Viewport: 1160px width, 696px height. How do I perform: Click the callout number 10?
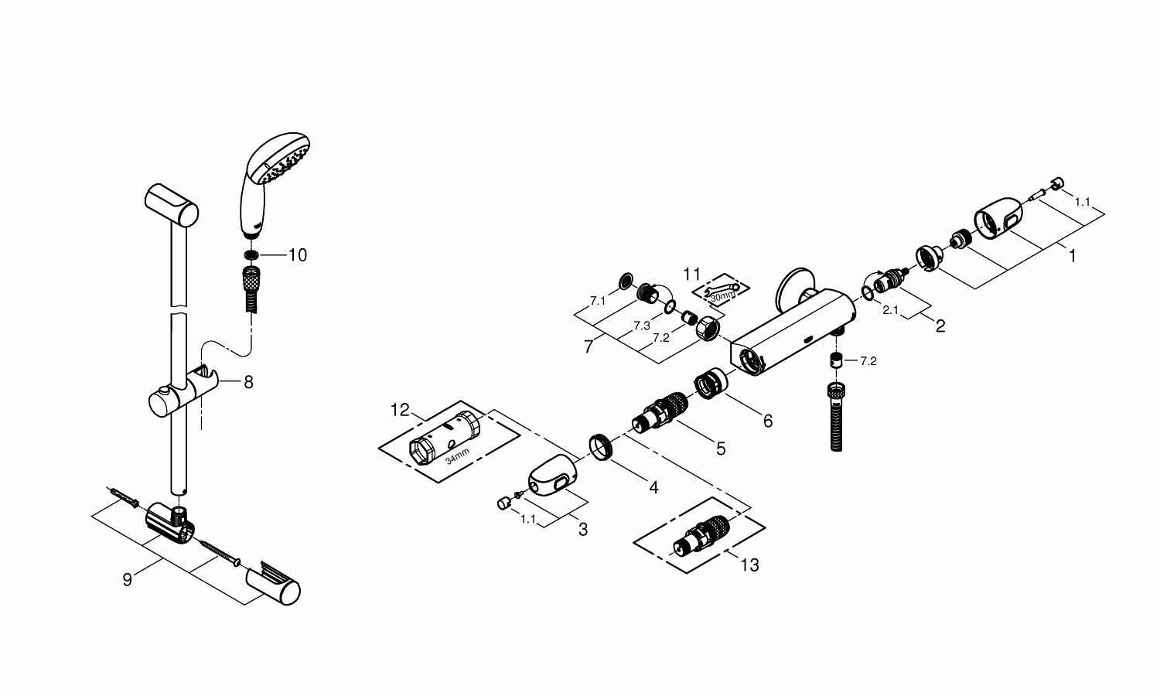[298, 255]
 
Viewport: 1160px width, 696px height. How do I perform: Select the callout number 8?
[248, 382]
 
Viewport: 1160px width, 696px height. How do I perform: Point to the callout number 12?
[400, 410]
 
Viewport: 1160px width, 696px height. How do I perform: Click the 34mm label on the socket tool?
[458, 458]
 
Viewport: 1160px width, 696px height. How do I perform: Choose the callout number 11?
[691, 274]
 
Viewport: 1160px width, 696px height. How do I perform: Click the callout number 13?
[749, 565]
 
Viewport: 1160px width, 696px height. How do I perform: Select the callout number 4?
[653, 488]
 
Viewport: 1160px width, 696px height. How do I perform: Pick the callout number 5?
[721, 448]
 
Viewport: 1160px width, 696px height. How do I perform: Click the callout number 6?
[767, 421]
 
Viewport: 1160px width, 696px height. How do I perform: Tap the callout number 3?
[582, 530]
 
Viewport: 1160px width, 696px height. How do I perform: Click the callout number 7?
[589, 347]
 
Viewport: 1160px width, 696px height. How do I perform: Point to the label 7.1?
[597, 299]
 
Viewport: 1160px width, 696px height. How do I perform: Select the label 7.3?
[641, 326]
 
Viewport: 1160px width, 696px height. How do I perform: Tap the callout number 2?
[940, 326]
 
